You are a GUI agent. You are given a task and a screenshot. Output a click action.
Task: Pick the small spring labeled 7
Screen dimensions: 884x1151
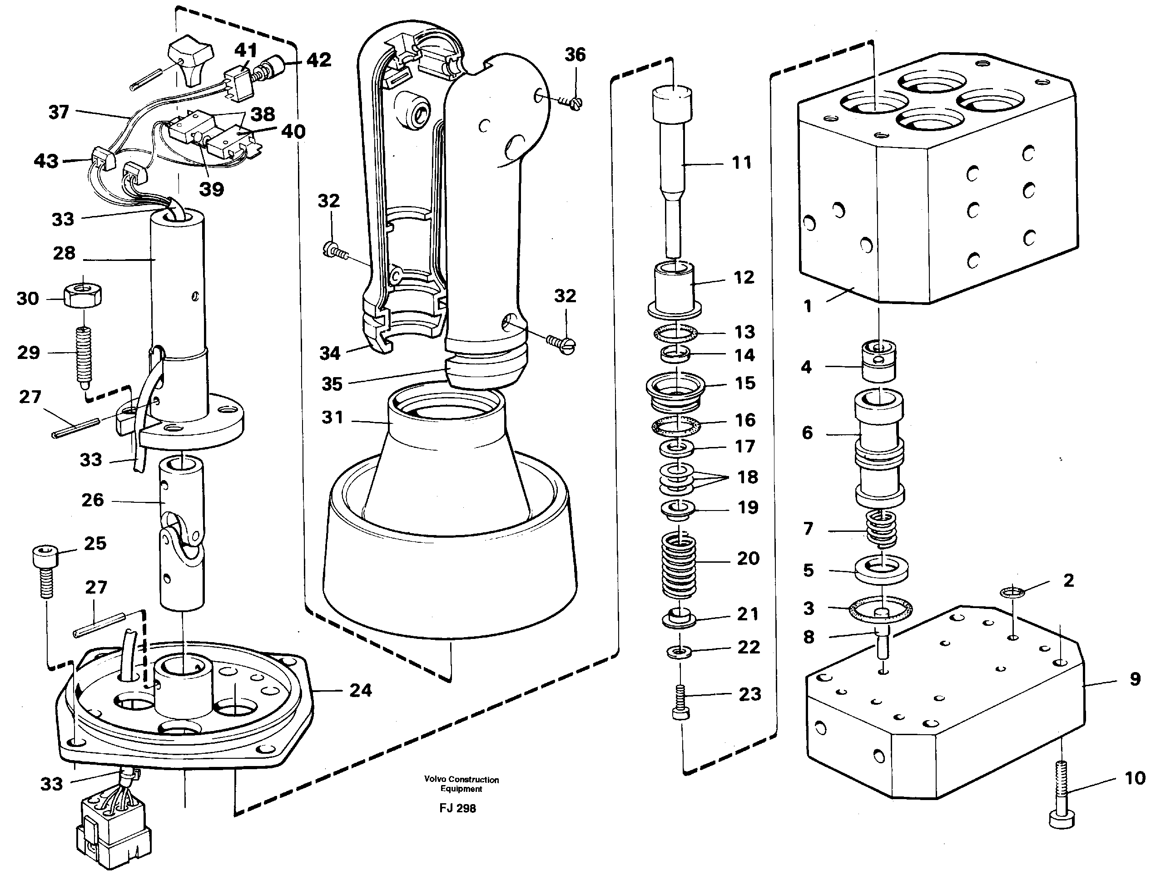[x=881, y=529]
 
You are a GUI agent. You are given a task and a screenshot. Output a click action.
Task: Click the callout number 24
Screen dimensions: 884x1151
[x=361, y=690]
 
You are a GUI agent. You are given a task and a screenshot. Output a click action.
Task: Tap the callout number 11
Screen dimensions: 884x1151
[x=741, y=162]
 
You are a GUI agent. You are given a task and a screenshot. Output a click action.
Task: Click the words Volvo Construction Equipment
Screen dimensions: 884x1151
[x=461, y=784]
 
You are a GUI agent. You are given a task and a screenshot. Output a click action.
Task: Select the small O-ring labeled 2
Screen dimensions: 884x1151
[x=1012, y=593]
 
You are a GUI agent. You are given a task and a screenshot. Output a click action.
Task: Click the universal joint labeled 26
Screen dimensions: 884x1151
[x=182, y=531]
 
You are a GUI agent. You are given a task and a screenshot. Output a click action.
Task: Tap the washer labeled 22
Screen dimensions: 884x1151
[x=679, y=653]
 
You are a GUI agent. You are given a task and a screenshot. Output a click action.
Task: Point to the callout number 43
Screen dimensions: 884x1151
[x=46, y=161]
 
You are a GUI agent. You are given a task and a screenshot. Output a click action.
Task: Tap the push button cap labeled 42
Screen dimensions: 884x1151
[x=274, y=67]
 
